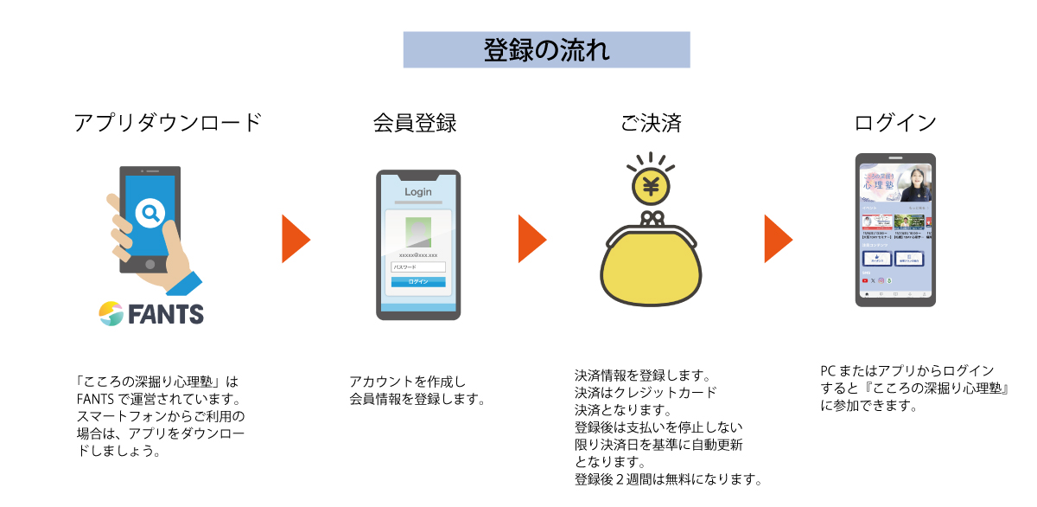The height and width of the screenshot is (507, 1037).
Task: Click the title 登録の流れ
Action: pos(546,50)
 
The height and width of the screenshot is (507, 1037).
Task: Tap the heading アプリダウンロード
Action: pos(168,123)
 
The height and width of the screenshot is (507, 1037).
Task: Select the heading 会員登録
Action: pos(415,123)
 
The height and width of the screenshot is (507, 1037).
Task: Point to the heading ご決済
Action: pos(650,123)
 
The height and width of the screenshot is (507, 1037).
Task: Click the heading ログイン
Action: pos(894,123)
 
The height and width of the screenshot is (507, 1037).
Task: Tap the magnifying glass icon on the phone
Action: pos(151,212)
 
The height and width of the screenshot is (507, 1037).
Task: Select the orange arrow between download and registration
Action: pos(295,239)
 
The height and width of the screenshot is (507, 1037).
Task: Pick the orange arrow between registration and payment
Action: pos(531,239)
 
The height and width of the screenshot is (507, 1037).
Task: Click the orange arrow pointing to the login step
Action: pos(777,239)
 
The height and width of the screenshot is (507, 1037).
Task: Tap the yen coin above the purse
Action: pos(652,185)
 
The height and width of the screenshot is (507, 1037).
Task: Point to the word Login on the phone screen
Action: pos(418,192)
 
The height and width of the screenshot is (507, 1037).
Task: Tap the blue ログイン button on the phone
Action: pos(418,282)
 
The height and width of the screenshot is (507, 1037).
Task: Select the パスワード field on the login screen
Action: pos(418,268)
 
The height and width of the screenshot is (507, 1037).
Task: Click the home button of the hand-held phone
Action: pos(150,263)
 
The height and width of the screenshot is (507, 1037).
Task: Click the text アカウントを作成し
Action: pos(407,382)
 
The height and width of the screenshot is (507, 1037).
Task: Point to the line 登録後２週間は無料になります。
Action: pos(667,479)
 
